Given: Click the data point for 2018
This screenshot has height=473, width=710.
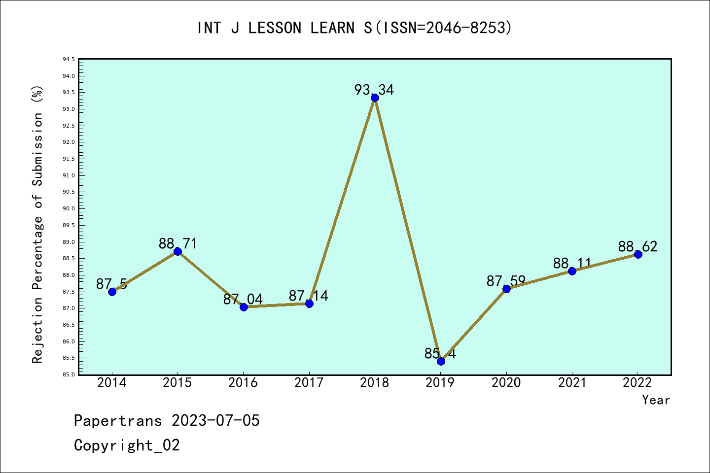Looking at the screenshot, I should tap(375, 98).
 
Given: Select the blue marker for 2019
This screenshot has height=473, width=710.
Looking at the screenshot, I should tap(441, 361).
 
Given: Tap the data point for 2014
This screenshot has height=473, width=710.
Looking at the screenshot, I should tap(112, 292).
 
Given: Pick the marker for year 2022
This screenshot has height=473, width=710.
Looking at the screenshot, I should tap(638, 254).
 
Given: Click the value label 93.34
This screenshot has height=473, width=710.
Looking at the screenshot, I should tap(374, 90).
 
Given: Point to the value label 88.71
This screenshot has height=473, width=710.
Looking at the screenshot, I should tap(177, 243).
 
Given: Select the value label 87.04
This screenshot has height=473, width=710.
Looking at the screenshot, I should tap(243, 299).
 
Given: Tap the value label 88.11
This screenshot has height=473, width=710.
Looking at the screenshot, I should tap(572, 263).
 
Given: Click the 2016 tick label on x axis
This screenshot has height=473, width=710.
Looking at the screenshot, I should tap(243, 383).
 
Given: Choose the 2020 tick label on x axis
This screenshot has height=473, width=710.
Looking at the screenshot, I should tap(506, 383).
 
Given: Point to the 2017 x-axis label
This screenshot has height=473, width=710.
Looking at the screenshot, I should tap(309, 383).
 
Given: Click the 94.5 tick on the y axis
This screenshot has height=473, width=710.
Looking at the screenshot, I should tap(69, 60).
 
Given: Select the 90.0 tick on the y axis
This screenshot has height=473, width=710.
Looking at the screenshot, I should tap(69, 208).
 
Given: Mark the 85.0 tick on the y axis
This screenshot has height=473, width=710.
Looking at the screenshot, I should tap(69, 374).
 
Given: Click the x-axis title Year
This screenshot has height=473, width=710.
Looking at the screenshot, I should tap(656, 400).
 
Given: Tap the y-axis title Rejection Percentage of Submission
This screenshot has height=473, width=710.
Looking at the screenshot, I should tap(37, 225).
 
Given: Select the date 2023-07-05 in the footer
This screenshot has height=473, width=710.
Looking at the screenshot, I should tap(215, 420).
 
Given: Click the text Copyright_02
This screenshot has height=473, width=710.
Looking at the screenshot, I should tap(127, 445).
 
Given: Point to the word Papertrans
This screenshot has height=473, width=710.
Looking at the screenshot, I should tap(118, 420).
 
